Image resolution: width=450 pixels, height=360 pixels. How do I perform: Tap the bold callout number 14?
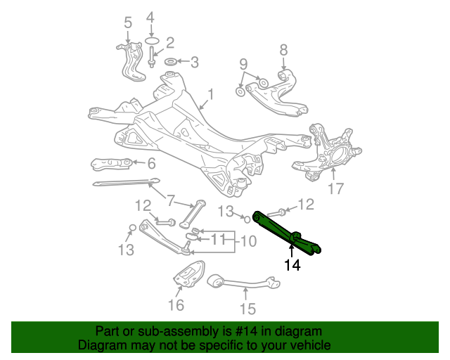pos(292,265)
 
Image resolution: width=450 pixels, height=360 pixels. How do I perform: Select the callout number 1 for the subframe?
pos(210,94)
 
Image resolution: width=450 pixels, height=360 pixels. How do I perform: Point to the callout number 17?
pos(335,188)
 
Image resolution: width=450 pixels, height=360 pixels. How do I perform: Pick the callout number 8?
pos(283,50)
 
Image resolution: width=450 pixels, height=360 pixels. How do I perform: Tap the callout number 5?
pos(127,23)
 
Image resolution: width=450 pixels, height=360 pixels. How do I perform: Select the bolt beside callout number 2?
pos(152,56)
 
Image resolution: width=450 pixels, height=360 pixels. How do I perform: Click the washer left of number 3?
pos(170,61)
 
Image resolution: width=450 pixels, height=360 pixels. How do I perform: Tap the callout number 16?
pos(176,304)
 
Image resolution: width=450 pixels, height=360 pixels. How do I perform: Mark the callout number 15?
pos(247,308)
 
